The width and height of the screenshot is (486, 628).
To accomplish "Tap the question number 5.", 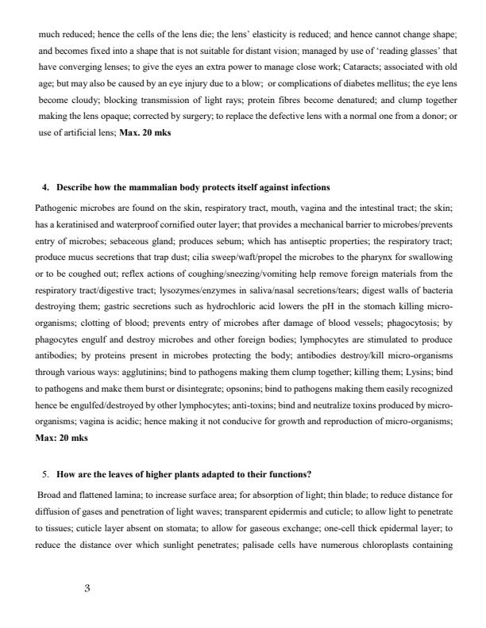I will coord(45,474).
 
